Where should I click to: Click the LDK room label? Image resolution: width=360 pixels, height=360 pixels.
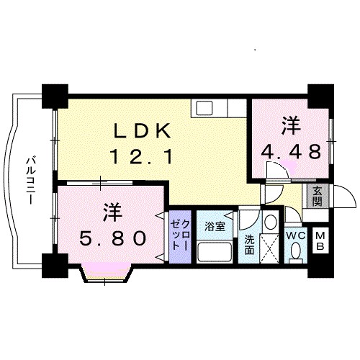(x=142, y=131)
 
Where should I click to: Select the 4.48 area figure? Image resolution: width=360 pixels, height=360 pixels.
(x=290, y=152)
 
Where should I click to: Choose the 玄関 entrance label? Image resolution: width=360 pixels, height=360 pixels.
(x=316, y=194)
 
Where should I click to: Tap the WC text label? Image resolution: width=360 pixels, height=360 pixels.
(x=296, y=235)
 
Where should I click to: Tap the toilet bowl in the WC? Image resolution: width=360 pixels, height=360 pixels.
(x=296, y=251)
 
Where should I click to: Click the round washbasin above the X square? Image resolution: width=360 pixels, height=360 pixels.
(x=270, y=221)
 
